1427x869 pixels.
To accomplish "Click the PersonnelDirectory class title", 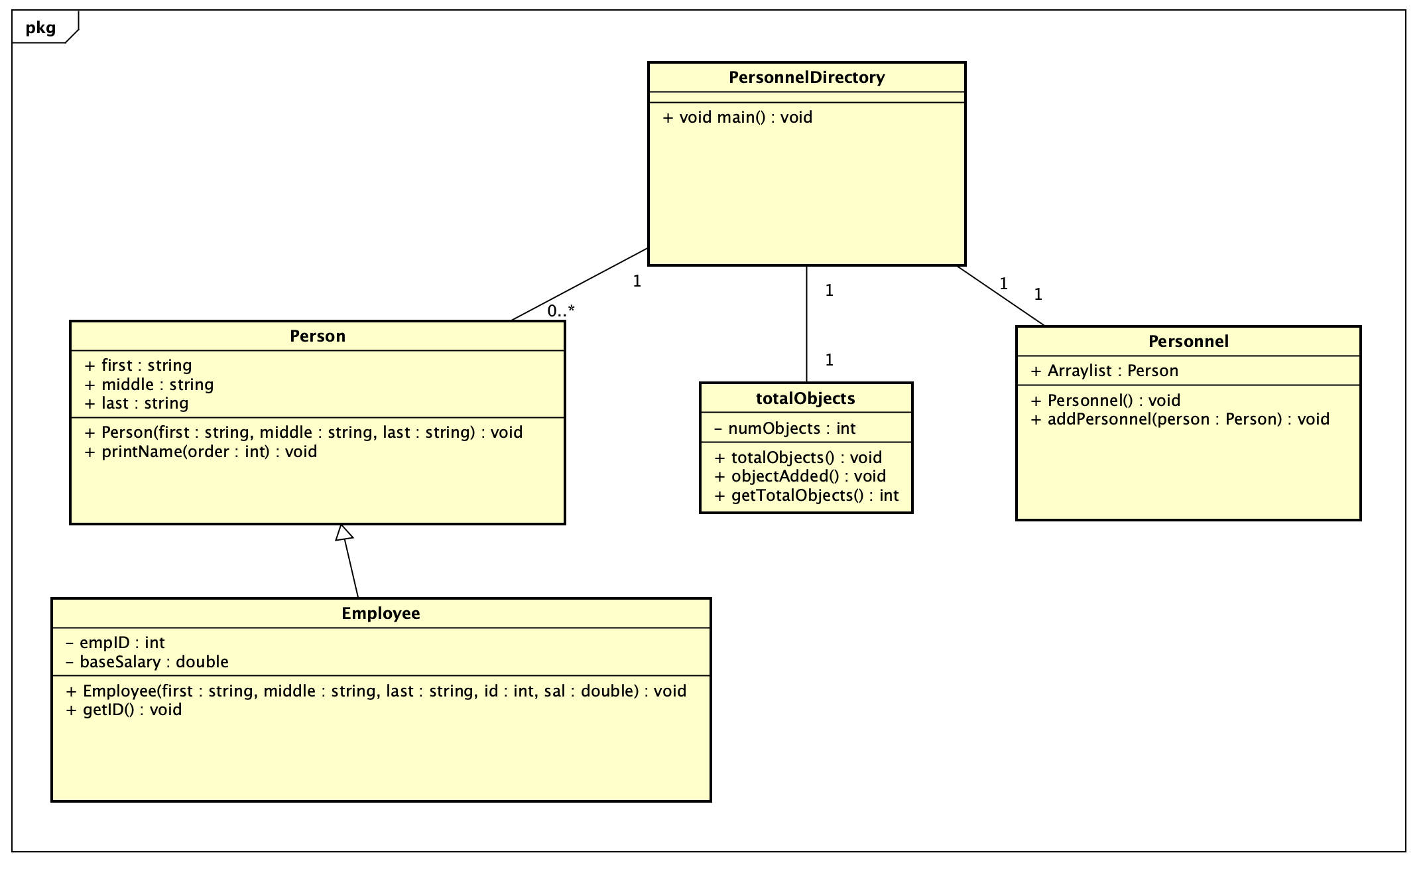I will (806, 78).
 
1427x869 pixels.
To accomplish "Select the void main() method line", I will (737, 117).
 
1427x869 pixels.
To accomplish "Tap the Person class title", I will (318, 336).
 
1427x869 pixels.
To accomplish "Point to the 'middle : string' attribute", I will (149, 385).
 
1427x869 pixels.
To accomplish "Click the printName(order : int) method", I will (201, 452).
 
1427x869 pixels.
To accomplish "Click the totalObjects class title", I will (806, 399).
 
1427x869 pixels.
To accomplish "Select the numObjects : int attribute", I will (785, 429).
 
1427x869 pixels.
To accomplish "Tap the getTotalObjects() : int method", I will (807, 496).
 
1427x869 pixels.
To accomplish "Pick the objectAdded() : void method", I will (800, 476).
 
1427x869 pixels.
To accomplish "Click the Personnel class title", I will (1188, 342).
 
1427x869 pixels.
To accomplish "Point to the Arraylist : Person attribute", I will (1105, 371).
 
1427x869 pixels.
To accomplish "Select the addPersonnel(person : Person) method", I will (1180, 419).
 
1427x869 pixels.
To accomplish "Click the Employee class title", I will (381, 614).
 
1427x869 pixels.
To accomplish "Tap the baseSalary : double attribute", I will (147, 662).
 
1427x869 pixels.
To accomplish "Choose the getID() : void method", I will (124, 710).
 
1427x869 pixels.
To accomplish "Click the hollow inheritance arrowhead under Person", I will (343, 533).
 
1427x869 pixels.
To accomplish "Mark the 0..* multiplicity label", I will (561, 310).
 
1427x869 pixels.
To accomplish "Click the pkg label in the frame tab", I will (41, 28).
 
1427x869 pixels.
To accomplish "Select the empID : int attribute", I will (115, 643).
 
